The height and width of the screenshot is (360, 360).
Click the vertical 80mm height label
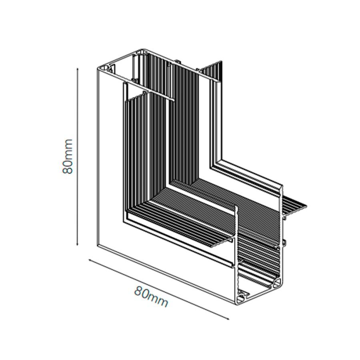point(68,156)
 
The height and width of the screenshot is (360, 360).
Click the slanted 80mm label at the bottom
point(151,296)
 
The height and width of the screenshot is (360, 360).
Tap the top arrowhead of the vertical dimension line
point(78,69)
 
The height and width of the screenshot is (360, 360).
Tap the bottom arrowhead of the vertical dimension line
point(78,244)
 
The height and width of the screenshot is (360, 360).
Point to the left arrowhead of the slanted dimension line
point(90,260)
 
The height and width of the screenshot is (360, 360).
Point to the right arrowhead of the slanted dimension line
point(228,319)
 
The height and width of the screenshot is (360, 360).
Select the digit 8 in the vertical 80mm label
point(68,170)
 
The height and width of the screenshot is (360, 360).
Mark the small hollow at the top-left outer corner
point(105,68)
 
